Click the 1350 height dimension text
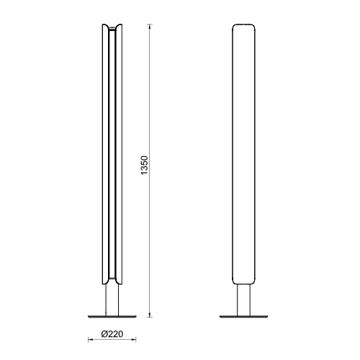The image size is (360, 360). pyautogui.click(x=145, y=166)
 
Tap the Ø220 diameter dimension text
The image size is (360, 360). pyautogui.click(x=112, y=334)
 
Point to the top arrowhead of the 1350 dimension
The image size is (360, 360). pyautogui.click(x=150, y=27)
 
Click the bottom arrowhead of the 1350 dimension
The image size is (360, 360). pyautogui.click(x=150, y=315)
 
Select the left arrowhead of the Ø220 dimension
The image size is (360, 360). pyautogui.click(x=91, y=339)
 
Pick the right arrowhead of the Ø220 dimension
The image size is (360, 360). pyautogui.click(x=133, y=339)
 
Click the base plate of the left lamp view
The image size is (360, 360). pyautogui.click(x=112, y=317)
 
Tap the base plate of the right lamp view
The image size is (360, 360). pyautogui.click(x=243, y=317)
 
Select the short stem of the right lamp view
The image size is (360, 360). pyautogui.click(x=243, y=300)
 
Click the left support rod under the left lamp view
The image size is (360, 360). pyautogui.click(x=106, y=300)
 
